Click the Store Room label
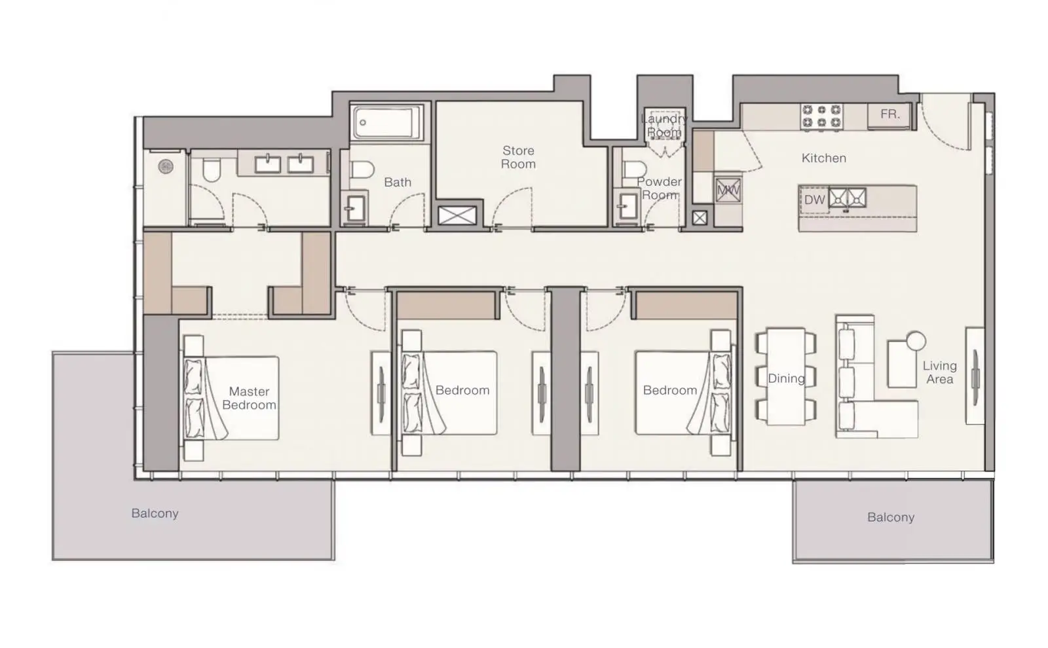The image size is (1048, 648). [518, 157]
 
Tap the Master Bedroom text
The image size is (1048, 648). [249, 398]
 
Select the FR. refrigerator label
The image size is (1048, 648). [890, 114]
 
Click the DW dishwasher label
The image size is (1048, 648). [814, 200]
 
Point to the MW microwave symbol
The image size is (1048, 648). [728, 190]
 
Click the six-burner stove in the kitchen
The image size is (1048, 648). [821, 117]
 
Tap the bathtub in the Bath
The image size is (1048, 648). [386, 122]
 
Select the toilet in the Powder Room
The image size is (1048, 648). [635, 170]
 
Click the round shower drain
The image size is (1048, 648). [166, 166]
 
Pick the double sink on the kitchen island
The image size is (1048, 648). [848, 198]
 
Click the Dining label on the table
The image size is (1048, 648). [786, 378]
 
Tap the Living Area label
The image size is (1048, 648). [939, 372]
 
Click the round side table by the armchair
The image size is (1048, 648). [916, 341]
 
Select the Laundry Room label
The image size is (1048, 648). [664, 125]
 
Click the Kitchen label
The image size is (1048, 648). [824, 158]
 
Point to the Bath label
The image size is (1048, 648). [398, 182]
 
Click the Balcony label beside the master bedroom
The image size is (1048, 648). [155, 513]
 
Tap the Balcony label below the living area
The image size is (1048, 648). [891, 517]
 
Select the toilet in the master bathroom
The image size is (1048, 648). [212, 170]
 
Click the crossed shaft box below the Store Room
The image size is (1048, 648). [457, 216]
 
